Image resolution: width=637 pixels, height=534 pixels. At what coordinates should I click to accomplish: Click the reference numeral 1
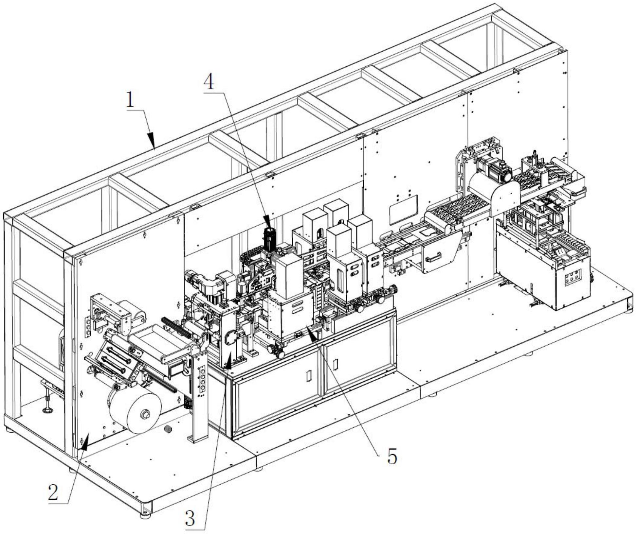(130, 100)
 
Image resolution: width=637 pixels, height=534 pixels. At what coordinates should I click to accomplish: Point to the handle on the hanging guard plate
(433, 258)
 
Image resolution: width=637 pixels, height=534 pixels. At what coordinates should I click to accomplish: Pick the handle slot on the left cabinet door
(308, 376)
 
